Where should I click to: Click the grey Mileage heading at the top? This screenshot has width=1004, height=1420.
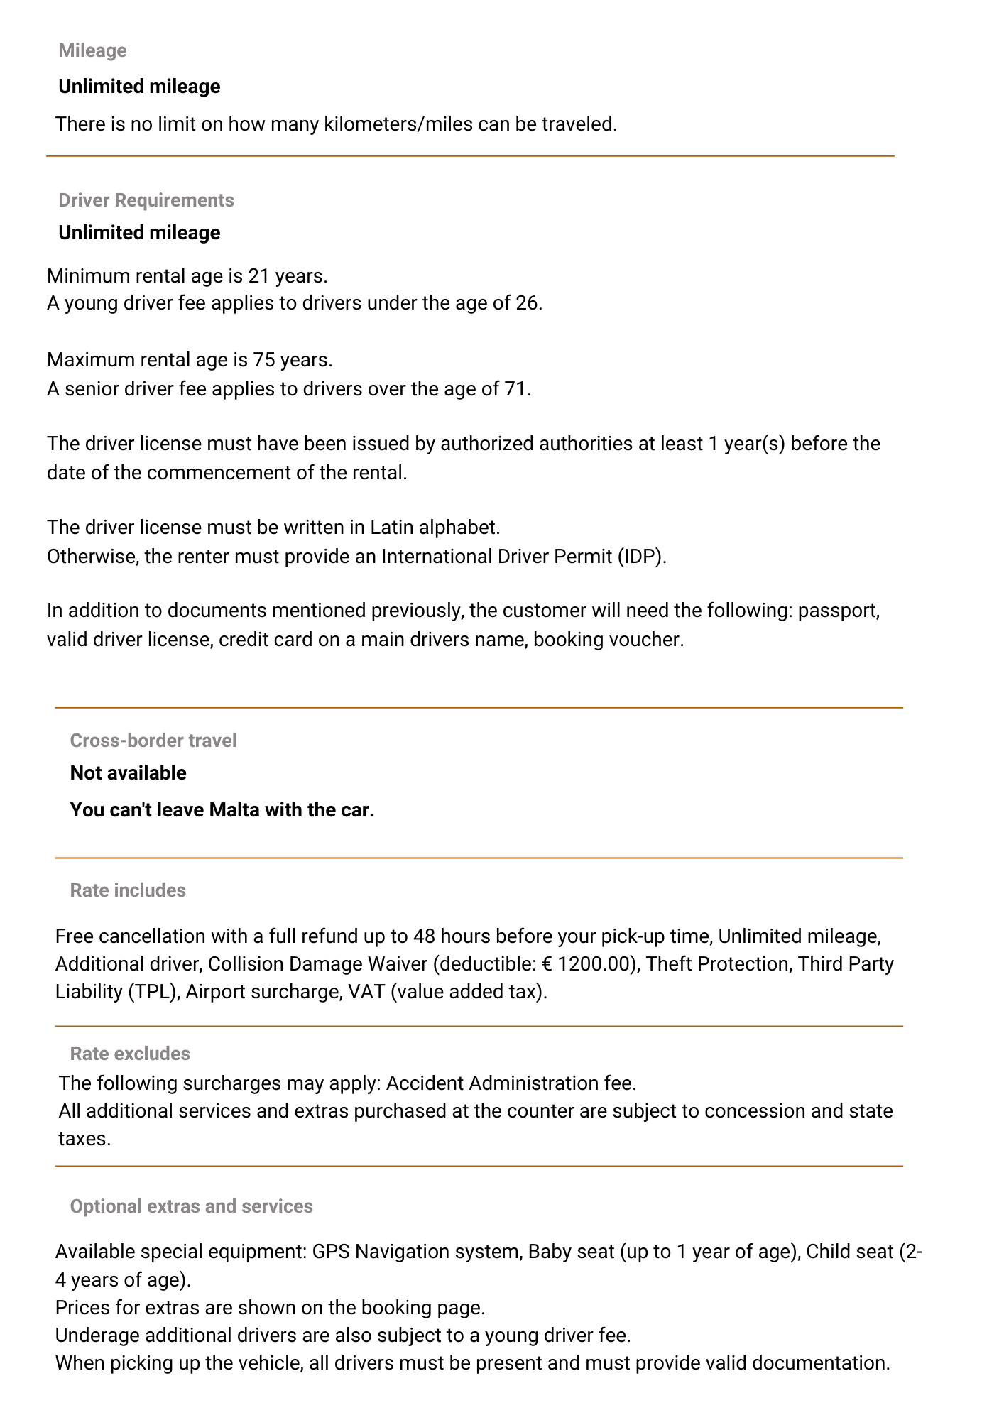(92, 50)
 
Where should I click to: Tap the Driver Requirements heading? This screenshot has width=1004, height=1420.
(146, 200)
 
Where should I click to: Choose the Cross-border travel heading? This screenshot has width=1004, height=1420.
(153, 741)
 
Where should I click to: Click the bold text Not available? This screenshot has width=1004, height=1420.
(128, 773)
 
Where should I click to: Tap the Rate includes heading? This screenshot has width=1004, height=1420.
(128, 890)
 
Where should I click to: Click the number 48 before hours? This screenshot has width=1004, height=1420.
(424, 936)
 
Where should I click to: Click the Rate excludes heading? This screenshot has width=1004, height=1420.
(130, 1054)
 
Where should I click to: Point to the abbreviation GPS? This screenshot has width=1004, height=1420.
(330, 1252)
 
